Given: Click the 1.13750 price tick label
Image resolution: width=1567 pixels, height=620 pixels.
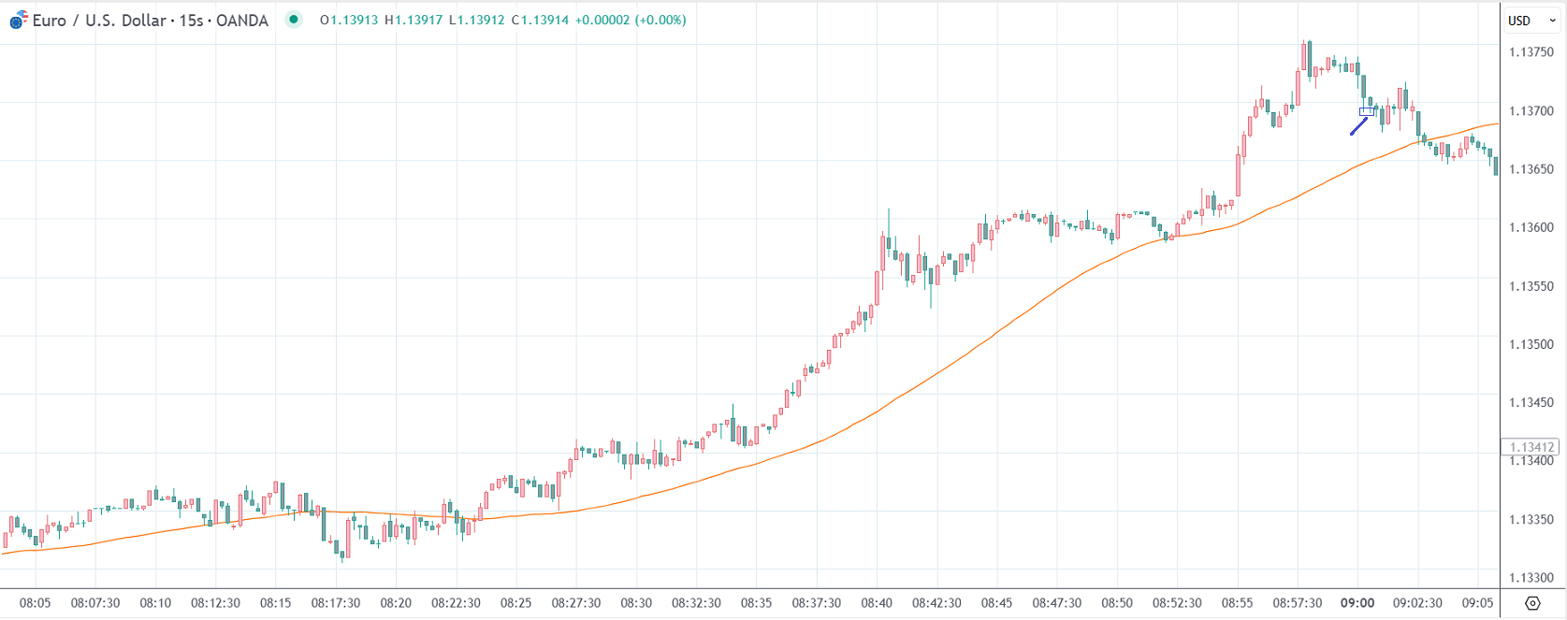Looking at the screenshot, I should click(x=1531, y=52).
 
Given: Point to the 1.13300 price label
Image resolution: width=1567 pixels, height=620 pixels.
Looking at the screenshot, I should click(x=1531, y=578).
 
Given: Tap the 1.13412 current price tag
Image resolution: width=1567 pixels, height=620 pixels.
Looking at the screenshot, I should click(x=1531, y=447).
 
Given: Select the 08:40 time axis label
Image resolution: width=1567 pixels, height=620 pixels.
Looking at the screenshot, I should click(x=877, y=603).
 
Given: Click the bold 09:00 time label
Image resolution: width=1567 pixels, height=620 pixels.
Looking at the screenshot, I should click(x=1357, y=603).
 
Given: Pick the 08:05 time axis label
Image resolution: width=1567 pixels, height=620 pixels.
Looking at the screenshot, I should click(x=35, y=603).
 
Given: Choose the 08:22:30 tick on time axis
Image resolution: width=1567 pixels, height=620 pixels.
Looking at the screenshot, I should click(x=456, y=603).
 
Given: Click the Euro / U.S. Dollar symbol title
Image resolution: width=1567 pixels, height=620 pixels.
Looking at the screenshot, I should click(x=151, y=21).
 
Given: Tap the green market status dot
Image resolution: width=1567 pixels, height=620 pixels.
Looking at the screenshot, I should click(x=294, y=20).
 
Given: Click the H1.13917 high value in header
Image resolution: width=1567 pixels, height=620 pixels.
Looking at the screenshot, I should click(x=414, y=20).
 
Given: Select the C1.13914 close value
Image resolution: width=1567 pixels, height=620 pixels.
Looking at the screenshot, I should click(x=540, y=20).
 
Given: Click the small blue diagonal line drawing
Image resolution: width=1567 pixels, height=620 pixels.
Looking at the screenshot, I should click(x=1358, y=126).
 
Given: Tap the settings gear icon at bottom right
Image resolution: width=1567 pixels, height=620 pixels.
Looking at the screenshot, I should click(x=1532, y=603).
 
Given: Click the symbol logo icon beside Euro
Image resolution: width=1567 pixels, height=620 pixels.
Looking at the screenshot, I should click(x=19, y=20).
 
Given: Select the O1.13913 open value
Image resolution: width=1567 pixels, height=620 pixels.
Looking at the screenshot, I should click(x=349, y=20).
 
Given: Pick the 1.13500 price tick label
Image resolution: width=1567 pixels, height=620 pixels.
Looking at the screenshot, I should click(x=1531, y=344).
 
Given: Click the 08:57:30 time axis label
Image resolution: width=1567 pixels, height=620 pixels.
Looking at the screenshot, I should click(x=1297, y=603).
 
